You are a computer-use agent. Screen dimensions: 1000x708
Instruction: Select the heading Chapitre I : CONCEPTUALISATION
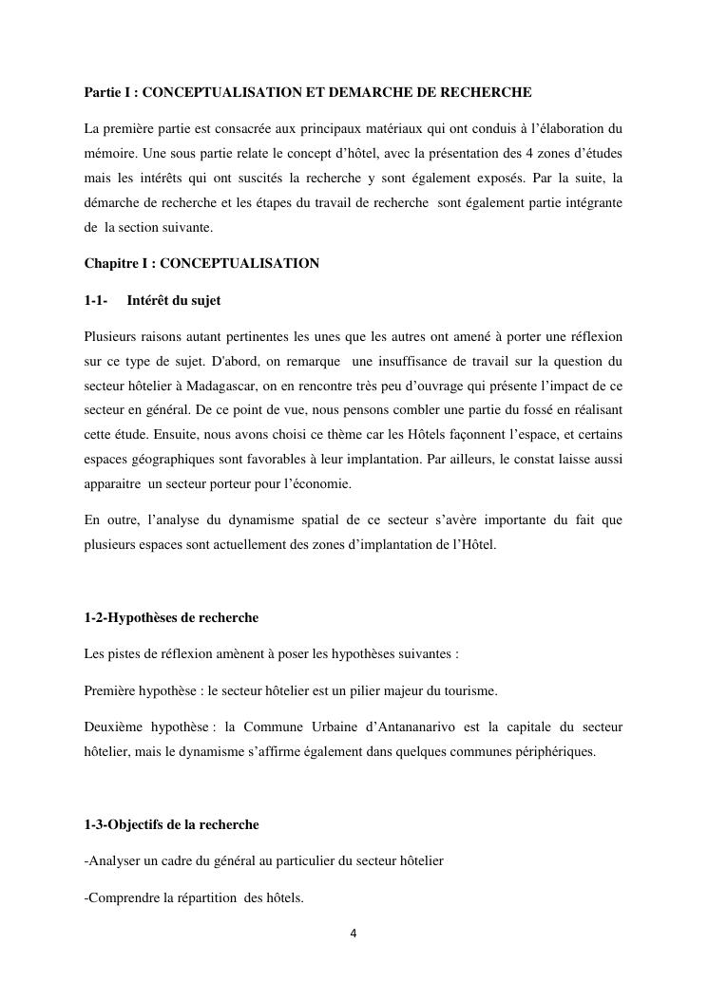click(x=201, y=263)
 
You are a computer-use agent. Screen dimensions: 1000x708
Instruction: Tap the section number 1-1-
click(x=95, y=300)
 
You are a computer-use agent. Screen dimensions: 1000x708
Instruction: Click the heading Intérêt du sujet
click(x=173, y=300)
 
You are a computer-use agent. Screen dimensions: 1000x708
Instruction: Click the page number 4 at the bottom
click(x=354, y=933)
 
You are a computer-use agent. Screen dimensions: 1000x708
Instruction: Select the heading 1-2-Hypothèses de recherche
click(x=171, y=617)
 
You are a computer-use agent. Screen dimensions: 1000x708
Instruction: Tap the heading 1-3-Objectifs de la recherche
click(x=171, y=823)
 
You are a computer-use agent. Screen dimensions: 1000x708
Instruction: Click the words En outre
click(x=106, y=519)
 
